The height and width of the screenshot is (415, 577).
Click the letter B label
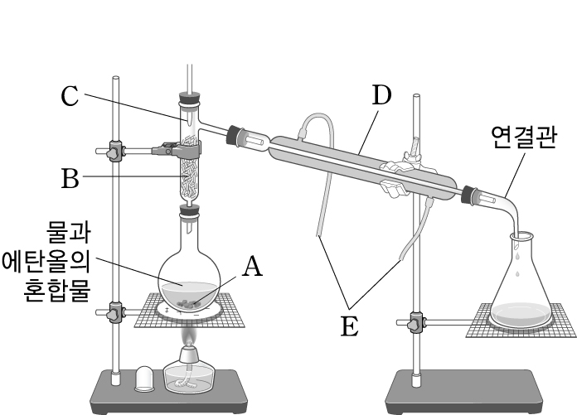point(70,176)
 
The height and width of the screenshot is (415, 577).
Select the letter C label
point(70,96)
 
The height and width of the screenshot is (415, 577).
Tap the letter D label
point(381,96)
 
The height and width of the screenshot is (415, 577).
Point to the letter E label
point(349,326)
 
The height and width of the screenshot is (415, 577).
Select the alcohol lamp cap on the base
point(145,377)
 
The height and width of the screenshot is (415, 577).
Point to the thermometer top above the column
point(190,75)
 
